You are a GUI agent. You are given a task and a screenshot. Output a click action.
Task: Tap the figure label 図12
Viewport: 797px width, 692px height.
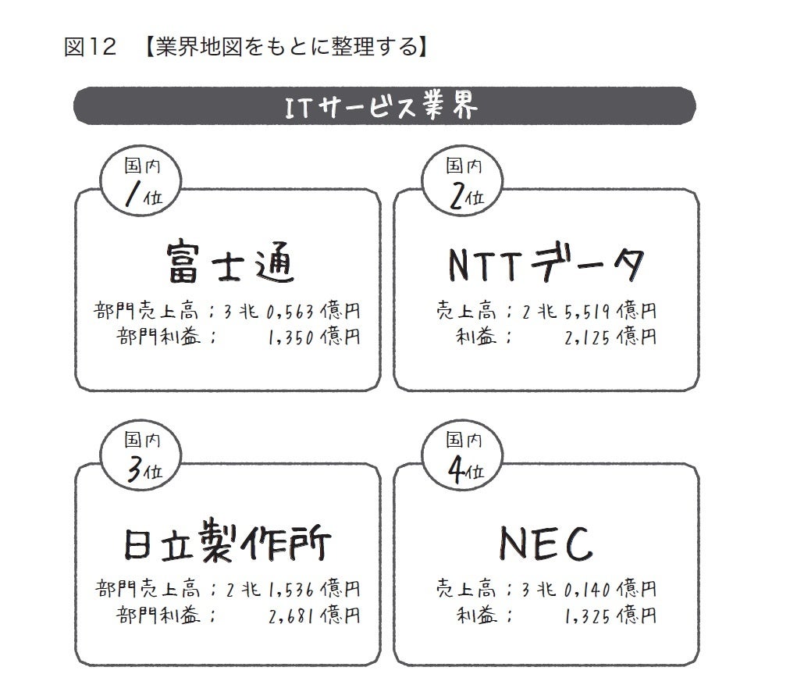(x=90, y=48)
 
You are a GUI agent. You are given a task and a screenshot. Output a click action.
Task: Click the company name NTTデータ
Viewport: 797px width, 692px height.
(x=547, y=263)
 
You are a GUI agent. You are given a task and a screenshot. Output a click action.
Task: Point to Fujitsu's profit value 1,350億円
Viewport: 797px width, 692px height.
(x=313, y=337)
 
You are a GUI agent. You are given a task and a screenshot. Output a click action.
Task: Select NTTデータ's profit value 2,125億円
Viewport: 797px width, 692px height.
(x=609, y=337)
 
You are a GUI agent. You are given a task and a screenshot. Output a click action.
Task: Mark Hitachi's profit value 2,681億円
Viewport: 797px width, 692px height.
(x=313, y=615)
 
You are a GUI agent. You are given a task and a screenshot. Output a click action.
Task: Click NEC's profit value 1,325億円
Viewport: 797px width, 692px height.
(x=609, y=615)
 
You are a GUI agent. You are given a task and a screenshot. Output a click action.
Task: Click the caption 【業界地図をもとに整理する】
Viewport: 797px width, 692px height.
(x=286, y=48)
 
